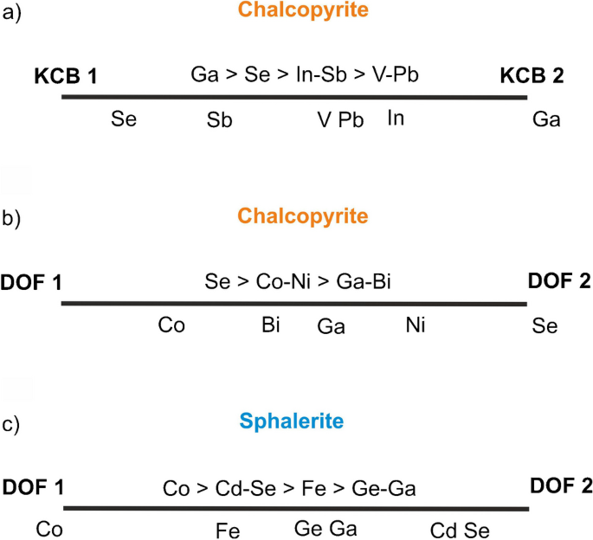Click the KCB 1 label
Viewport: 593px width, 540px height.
[x=65, y=75]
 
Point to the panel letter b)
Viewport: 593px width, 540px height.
[x=14, y=218]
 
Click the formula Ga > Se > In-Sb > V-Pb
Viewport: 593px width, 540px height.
[x=305, y=75]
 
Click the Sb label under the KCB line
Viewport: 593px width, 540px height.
[x=218, y=119]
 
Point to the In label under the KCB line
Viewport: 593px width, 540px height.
[x=396, y=116]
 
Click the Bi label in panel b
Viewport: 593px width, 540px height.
[x=270, y=325]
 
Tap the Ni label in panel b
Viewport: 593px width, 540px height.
[x=416, y=325]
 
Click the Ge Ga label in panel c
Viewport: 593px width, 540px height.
[x=326, y=528]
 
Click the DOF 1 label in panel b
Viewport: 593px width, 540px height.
[x=33, y=281]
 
